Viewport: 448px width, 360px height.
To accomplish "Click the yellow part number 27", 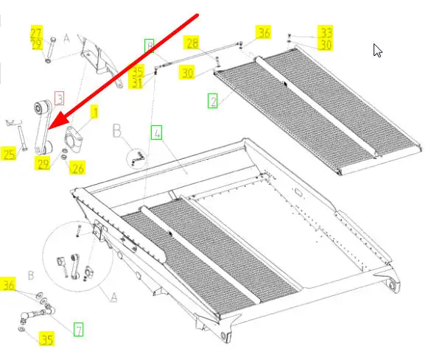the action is [x=36, y=32].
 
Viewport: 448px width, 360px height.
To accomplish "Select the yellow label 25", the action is [x=9, y=154].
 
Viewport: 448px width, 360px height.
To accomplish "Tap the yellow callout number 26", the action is [x=77, y=167].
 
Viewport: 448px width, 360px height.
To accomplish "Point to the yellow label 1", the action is [x=94, y=112].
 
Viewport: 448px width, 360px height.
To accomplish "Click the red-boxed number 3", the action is [x=59, y=98].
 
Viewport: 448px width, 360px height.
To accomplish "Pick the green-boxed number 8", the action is [x=149, y=46].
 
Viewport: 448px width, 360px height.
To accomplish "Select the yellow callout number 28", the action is [x=192, y=43].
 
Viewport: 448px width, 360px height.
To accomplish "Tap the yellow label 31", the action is [x=136, y=83].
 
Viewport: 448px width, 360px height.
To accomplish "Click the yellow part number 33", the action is [x=326, y=32].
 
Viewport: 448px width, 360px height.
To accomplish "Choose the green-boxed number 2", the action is [x=212, y=101].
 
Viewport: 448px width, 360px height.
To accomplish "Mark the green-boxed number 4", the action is [x=156, y=133].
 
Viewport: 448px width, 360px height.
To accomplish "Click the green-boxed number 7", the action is [x=78, y=329].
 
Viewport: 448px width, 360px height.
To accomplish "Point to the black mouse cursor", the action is [x=377, y=51].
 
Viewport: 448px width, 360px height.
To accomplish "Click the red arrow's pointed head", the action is [x=48, y=129].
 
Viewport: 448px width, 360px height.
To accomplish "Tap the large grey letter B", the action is [x=117, y=131].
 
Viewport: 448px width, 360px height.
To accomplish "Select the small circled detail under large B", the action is [x=136, y=159].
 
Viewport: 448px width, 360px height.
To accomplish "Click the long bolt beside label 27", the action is [x=51, y=49].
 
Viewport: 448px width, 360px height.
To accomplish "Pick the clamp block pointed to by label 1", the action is [x=74, y=136].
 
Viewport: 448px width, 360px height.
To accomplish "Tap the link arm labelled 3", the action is [x=43, y=126].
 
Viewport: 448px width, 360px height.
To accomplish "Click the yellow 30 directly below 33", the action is [x=326, y=45].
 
